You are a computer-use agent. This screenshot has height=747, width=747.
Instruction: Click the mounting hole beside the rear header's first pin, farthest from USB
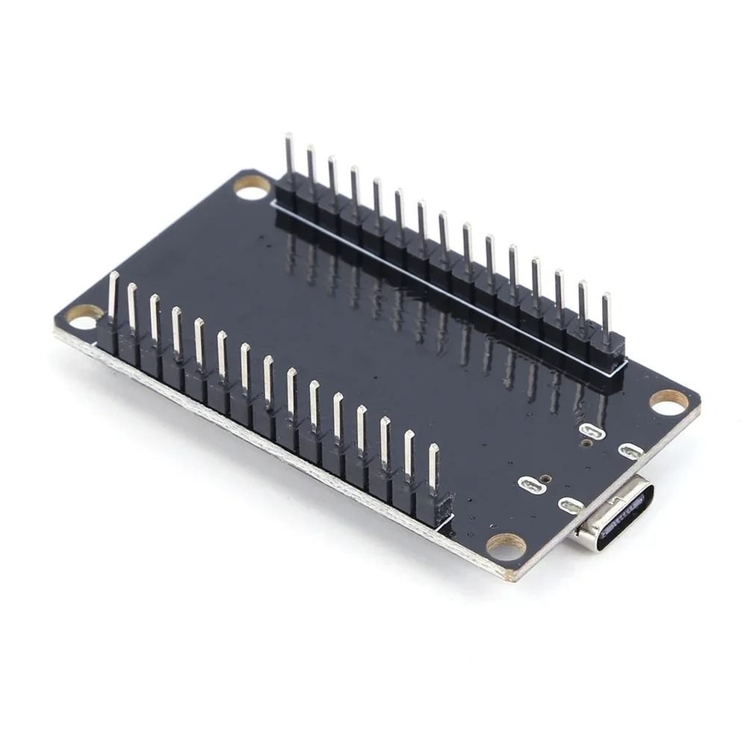252,187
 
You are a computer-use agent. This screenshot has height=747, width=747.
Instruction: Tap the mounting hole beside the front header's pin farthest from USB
82,317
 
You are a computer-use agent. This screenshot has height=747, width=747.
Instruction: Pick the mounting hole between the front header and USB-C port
506,547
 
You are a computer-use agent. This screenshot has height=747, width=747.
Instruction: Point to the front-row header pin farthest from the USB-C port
114,296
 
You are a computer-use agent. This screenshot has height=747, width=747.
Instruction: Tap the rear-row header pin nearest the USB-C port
606,317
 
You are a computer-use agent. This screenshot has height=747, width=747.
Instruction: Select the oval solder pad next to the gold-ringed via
591,431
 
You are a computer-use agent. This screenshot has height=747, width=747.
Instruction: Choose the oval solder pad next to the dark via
530,486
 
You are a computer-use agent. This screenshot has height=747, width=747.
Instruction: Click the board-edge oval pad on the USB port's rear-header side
631,450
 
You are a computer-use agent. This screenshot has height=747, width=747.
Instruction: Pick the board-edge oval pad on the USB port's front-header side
571,506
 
